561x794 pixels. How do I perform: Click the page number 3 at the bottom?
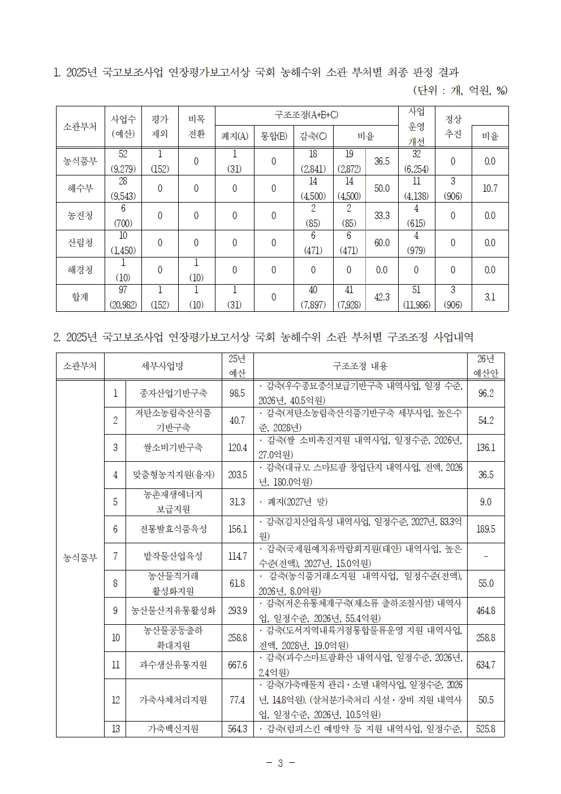pos(280,763)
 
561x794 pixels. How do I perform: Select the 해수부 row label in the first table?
pos(80,188)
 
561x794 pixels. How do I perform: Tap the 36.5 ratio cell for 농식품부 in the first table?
pos(382,161)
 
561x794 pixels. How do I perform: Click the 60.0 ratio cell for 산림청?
pos(382,243)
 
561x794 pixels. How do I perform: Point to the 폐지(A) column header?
pos(234,136)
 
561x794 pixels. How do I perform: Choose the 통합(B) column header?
pos(274,136)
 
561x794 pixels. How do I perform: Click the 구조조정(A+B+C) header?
pos(306,115)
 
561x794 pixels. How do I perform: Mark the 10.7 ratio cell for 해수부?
pos(490,188)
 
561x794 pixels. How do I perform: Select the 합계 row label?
pos(80,297)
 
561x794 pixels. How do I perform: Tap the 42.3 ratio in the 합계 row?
pos(382,297)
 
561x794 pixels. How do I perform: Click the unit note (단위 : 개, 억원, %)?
pos(460,90)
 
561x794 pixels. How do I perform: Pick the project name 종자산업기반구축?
pos(173,393)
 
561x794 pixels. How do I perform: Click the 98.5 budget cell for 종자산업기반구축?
pos(237,393)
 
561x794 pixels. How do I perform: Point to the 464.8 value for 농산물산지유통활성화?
pos(486,611)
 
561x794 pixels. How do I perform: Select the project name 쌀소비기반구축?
pos(173,448)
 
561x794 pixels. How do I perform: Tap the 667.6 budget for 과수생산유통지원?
pos(237,665)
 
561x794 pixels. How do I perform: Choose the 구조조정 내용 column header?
pos(360,366)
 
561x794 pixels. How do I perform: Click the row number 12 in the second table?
pos(115,700)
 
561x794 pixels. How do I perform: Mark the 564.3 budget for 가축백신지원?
pos(237,729)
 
